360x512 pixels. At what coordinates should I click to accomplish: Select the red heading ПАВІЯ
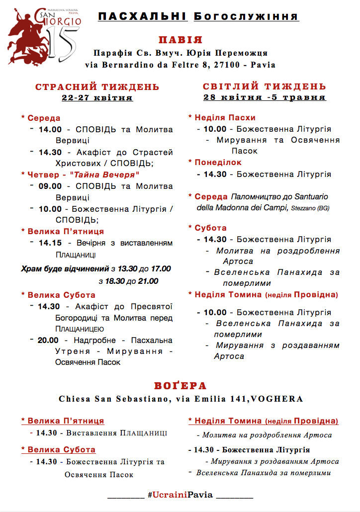[x=180, y=40]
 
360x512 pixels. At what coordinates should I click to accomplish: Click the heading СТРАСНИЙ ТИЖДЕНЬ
[x=97, y=87]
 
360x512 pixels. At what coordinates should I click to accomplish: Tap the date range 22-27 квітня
[x=97, y=97]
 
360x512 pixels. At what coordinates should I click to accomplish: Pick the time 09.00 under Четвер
[x=50, y=186]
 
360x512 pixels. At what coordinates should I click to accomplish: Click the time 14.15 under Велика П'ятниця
[x=50, y=243]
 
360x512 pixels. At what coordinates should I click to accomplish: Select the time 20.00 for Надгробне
[x=49, y=341]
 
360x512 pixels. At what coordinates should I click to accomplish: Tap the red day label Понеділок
[x=218, y=163]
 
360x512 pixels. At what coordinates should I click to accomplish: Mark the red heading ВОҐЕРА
[x=180, y=386]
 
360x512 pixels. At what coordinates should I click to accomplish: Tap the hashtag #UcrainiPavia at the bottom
[x=180, y=495]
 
